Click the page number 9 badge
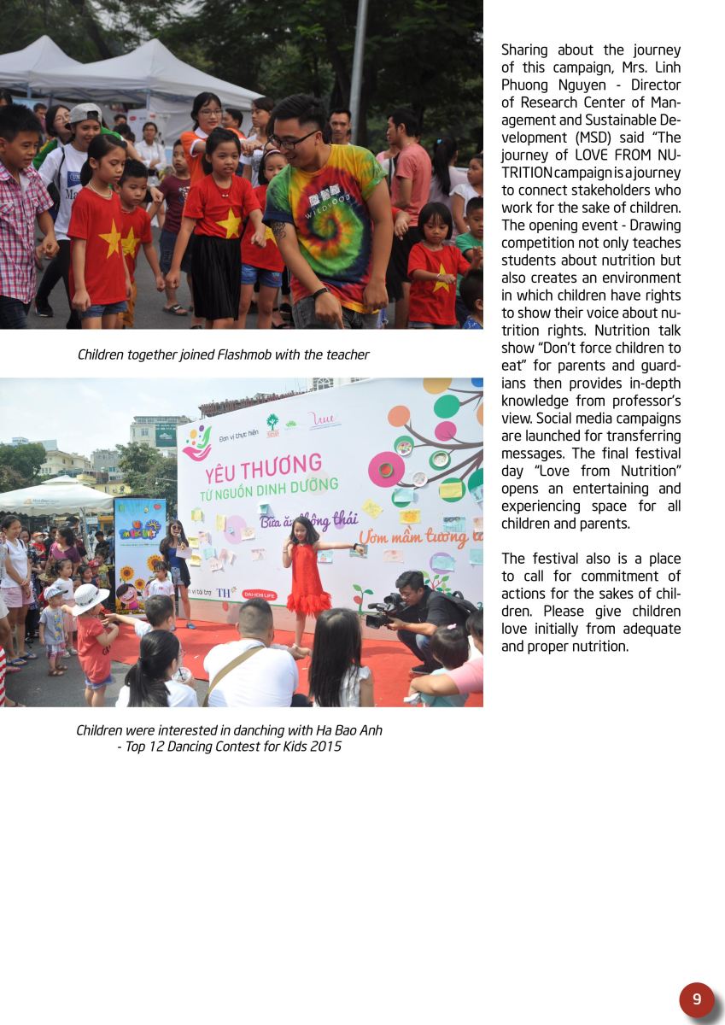pyautogui.click(x=697, y=999)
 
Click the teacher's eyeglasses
pyautogui.click(x=295, y=139)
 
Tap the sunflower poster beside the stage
pyautogui.click(x=139, y=555)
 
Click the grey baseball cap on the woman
pyautogui.click(x=84, y=113)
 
